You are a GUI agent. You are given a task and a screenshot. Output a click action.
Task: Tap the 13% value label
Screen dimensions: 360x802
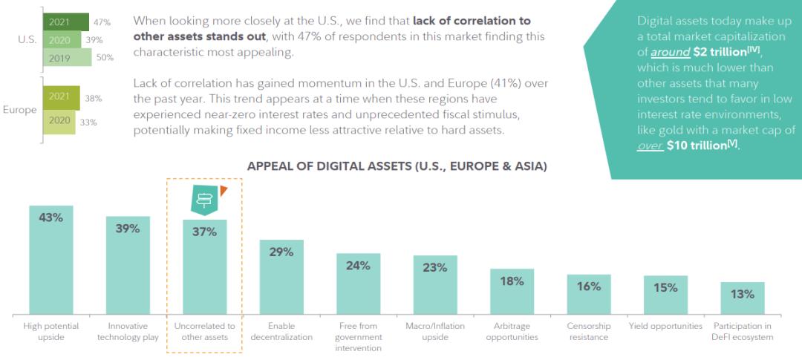(x=742, y=294)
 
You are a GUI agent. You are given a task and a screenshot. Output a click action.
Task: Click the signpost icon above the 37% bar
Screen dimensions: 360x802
(x=204, y=198)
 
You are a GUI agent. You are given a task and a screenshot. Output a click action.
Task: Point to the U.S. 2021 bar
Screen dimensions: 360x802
(x=66, y=22)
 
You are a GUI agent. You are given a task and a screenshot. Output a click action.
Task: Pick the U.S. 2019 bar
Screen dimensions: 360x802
(x=68, y=57)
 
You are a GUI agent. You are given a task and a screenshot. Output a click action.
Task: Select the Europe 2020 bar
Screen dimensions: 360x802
(x=59, y=122)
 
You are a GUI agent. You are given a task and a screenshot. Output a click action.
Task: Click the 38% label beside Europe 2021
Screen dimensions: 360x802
(x=93, y=98)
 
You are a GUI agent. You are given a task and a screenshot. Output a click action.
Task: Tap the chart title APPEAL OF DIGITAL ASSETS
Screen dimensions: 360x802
(x=397, y=166)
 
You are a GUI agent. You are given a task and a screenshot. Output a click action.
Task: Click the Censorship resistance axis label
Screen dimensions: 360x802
(x=588, y=331)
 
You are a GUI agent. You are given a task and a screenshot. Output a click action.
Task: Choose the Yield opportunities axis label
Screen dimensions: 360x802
(x=665, y=326)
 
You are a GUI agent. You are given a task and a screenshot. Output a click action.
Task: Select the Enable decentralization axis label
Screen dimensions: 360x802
(x=281, y=331)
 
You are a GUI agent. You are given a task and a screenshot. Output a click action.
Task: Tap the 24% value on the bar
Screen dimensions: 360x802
(x=358, y=266)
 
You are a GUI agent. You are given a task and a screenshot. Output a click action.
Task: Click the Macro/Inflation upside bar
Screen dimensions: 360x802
(x=435, y=286)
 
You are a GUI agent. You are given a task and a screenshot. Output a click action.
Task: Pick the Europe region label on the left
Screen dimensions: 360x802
(x=19, y=110)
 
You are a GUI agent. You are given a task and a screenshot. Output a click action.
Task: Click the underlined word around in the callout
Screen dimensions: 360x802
(x=668, y=53)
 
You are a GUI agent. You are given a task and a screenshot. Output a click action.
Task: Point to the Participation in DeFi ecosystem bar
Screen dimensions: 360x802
(x=742, y=298)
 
